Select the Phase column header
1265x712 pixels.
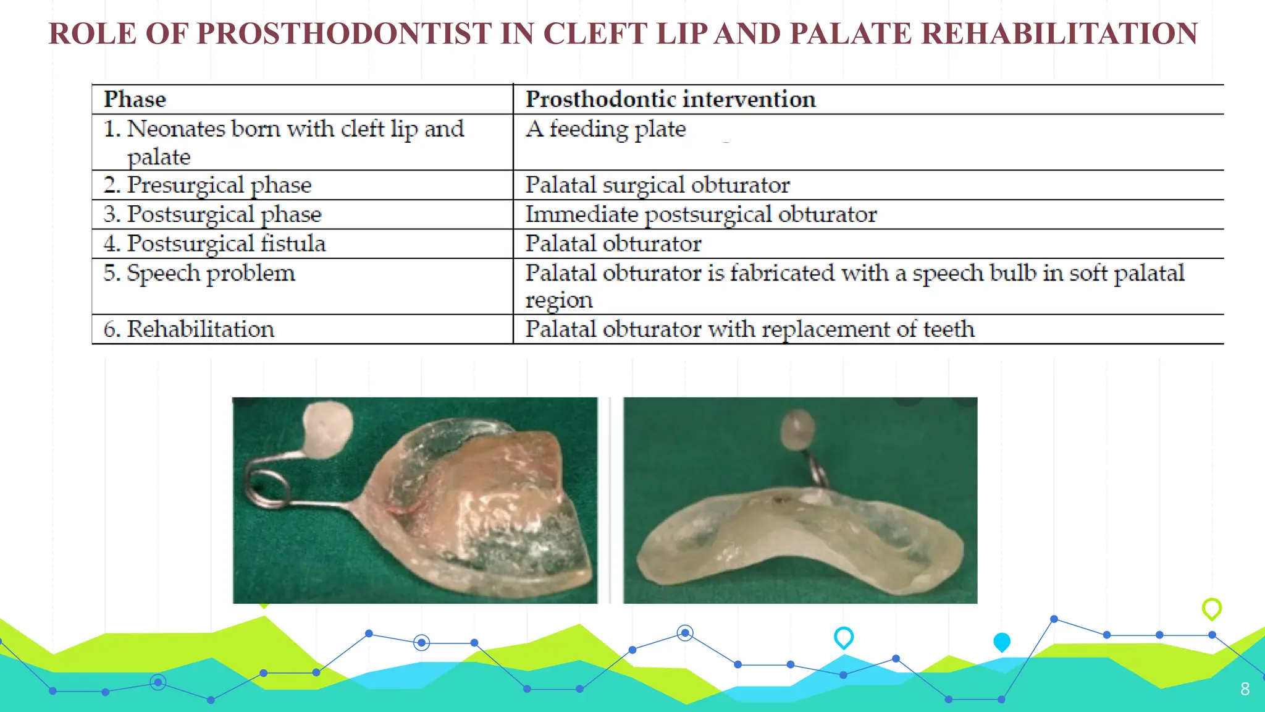pyautogui.click(x=135, y=100)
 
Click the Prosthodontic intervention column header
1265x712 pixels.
pyautogui.click(x=670, y=100)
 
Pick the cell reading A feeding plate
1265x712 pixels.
pyautogui.click(x=605, y=129)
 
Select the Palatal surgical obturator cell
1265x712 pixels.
pyautogui.click(x=657, y=185)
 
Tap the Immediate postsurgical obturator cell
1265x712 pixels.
pyautogui.click(x=700, y=214)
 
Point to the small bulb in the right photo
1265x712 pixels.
pyautogui.click(x=798, y=428)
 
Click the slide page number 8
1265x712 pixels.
pyautogui.click(x=1245, y=689)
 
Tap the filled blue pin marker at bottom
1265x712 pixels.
pyautogui.click(x=1001, y=642)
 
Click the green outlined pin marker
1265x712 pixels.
pyautogui.click(x=1212, y=608)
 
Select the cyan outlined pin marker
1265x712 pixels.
pyautogui.click(x=844, y=637)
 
